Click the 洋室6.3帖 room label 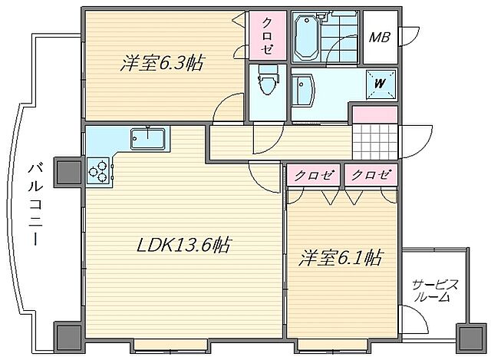161,64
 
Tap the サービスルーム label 435,290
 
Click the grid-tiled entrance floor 375,141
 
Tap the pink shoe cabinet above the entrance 375,114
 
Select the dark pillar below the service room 467,335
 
